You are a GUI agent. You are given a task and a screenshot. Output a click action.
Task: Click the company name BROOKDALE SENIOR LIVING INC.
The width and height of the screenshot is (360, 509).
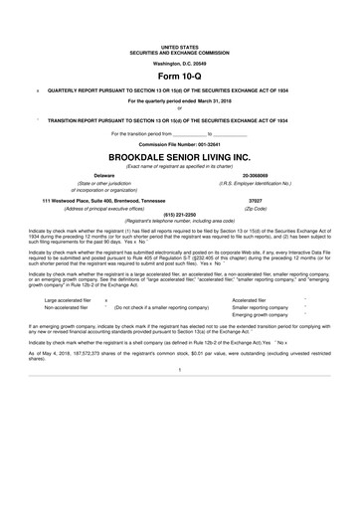tap(180, 157)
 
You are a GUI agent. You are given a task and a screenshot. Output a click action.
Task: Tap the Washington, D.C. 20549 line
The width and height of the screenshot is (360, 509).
tap(180, 62)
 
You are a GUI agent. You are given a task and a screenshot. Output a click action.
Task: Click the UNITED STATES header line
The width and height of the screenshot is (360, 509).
tap(180, 46)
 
